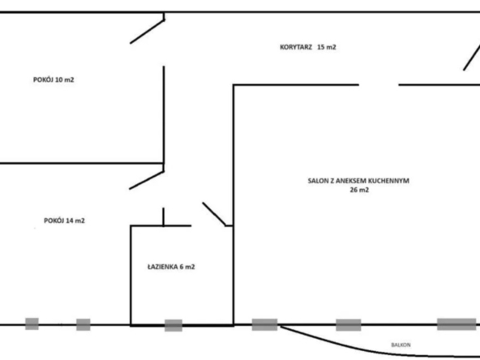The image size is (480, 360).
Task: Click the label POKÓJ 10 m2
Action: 54,80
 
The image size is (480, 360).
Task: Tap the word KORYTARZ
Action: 296,47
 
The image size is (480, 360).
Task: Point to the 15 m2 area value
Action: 327,47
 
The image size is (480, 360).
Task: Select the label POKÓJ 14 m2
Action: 64,221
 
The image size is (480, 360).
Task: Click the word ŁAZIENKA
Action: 162,267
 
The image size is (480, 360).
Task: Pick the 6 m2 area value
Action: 187,267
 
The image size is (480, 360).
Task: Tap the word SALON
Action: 317,181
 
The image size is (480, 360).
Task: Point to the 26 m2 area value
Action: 359,190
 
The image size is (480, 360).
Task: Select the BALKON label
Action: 401,345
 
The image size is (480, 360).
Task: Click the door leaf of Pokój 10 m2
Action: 148,32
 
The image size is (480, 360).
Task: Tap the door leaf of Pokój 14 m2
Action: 147,180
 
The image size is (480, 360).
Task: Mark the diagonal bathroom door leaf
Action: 214,214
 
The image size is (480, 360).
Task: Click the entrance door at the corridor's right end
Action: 471,58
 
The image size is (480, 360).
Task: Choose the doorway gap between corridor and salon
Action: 379,85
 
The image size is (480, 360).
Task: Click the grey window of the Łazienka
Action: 174,325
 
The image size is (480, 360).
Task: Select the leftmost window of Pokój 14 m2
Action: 32,324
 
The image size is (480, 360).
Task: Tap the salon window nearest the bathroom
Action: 265,325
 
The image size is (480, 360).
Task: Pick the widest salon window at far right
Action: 456,324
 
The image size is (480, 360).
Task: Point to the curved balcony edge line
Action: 367,349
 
